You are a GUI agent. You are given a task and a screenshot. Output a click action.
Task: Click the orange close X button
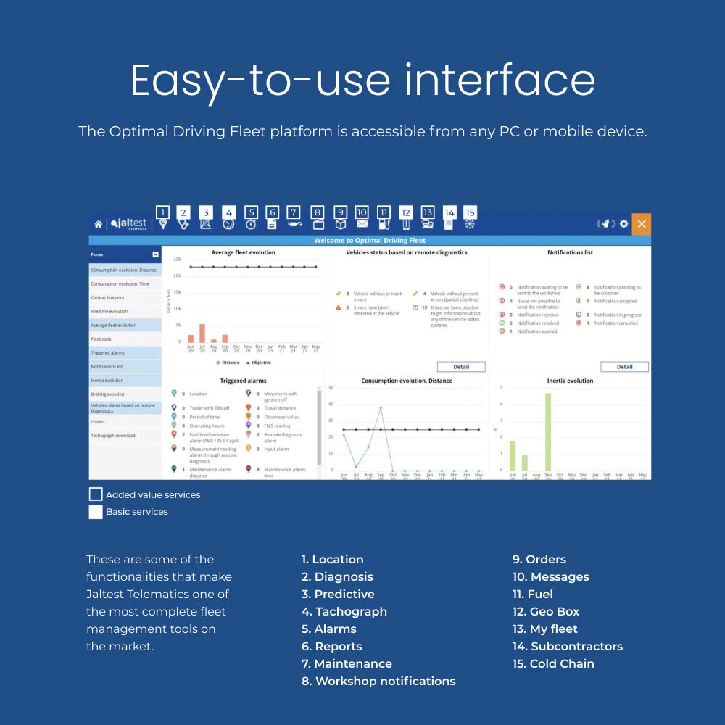(x=641, y=224)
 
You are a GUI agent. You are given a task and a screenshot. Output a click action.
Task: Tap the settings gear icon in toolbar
(x=623, y=224)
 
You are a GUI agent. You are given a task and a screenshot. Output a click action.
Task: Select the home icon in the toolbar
(x=99, y=225)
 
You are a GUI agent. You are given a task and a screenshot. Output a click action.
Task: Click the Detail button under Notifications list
(x=624, y=367)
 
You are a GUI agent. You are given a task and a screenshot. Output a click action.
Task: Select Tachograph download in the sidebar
(x=113, y=436)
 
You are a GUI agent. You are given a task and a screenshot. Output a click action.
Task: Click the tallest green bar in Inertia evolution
(x=548, y=432)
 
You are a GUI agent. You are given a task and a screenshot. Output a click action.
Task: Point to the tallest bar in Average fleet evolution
(x=202, y=333)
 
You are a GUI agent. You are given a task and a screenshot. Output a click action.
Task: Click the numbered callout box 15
(x=470, y=212)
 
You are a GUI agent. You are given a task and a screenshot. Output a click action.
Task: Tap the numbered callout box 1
(x=162, y=212)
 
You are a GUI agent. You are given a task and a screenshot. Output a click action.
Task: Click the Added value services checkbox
(x=96, y=494)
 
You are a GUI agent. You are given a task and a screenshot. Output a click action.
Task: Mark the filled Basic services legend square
(x=96, y=512)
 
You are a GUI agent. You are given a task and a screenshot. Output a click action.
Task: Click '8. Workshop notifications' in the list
(x=378, y=681)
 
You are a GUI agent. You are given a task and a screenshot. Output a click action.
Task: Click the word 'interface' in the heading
(x=500, y=80)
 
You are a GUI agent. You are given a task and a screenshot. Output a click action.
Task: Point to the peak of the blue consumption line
(x=381, y=407)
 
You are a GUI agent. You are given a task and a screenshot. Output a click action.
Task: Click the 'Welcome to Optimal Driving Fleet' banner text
(x=370, y=240)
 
